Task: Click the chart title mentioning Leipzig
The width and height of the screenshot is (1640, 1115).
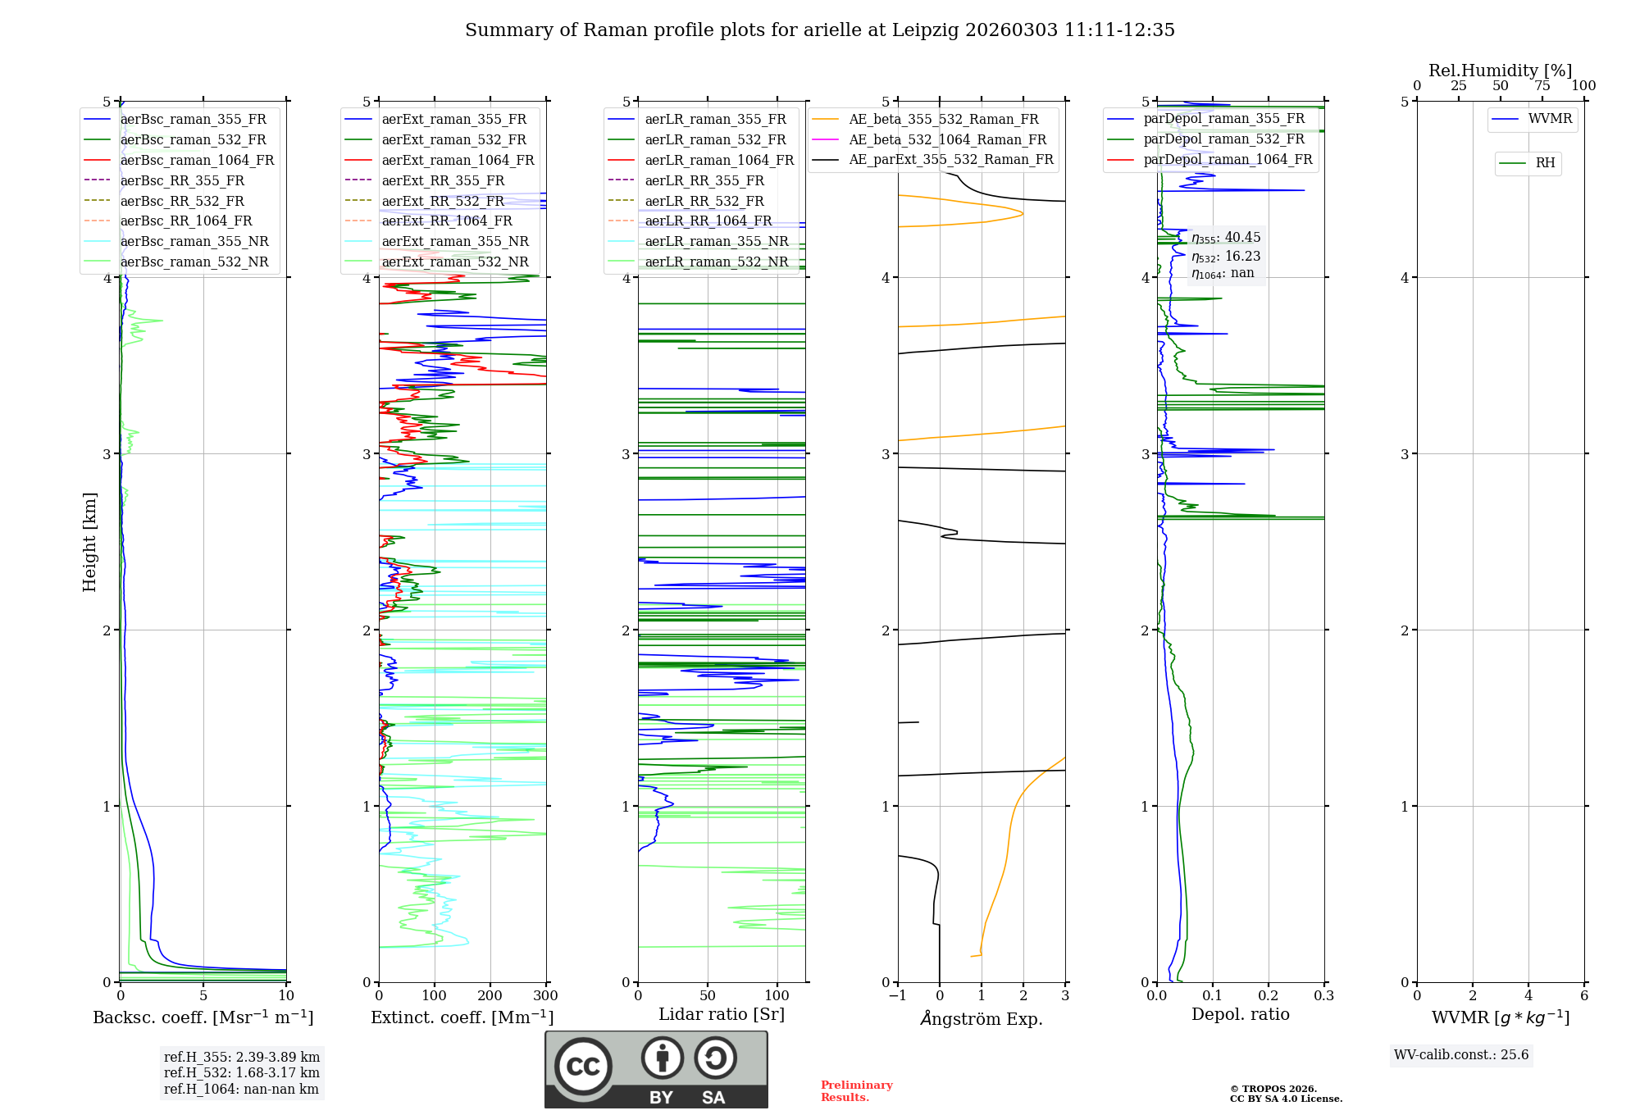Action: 819,30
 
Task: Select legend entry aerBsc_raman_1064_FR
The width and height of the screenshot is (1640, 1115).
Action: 197,161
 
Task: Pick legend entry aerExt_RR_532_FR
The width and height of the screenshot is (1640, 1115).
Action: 443,201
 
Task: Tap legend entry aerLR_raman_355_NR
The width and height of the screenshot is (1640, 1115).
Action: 716,242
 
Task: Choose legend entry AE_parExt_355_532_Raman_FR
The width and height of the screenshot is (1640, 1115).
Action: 950,160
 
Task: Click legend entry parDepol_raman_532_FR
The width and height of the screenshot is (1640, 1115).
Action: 1223,139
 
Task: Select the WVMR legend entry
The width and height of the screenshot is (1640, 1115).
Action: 1549,119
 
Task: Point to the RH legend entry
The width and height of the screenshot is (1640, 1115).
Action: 1545,163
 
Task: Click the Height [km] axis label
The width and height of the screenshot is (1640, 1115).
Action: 89,542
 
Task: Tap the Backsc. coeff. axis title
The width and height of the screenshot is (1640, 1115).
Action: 203,1017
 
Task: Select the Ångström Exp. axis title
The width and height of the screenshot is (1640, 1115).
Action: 982,1019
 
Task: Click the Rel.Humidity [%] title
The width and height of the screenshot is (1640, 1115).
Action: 1500,71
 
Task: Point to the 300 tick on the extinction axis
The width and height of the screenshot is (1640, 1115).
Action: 545,996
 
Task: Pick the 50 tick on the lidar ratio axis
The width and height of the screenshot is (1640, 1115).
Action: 708,996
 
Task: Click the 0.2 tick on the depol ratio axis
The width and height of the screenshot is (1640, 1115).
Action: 1268,996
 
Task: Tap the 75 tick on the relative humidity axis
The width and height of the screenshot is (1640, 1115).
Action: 1542,86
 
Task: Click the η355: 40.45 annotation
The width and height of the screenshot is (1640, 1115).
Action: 1226,238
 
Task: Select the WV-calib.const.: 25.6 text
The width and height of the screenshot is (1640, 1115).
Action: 1461,1055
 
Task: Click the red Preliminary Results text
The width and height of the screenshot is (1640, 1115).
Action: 856,1091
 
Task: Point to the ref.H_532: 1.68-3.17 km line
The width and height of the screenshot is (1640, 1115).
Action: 241,1073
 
